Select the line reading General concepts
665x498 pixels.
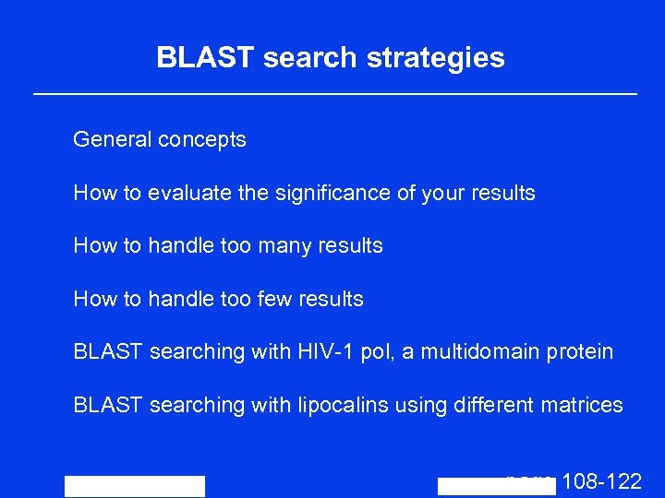point(160,140)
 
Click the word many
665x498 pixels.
point(283,246)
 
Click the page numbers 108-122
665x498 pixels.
point(601,481)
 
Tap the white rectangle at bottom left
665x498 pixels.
point(135,486)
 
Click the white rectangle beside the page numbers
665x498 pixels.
point(496,487)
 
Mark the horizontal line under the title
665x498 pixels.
point(334,94)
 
